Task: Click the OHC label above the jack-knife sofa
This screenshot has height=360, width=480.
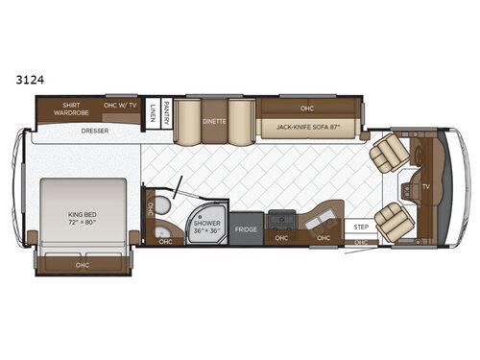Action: pyautogui.click(x=306, y=108)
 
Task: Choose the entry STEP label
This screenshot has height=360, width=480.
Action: pyautogui.click(x=361, y=228)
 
